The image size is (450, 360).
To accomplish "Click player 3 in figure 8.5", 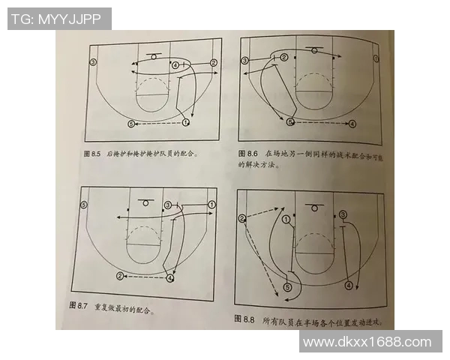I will pyautogui.click(x=93, y=61).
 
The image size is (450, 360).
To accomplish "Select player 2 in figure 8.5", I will pyautogui.click(x=213, y=63).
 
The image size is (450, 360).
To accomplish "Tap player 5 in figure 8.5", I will pyautogui.click(x=131, y=123).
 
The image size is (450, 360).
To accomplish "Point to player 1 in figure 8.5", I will pyautogui.click(x=184, y=121).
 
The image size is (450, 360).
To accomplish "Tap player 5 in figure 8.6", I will pyautogui.click(x=289, y=121).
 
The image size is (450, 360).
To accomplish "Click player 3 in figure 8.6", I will pyautogui.click(x=244, y=61).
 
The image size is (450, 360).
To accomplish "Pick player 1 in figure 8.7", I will pyautogui.click(x=211, y=204).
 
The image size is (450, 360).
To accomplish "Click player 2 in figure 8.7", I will pyautogui.click(x=120, y=276).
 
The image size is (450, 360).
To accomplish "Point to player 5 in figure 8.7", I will pyautogui.click(x=84, y=204).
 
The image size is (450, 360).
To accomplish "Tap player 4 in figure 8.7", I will pyautogui.click(x=171, y=277).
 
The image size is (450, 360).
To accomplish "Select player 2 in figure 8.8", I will pyautogui.click(x=242, y=219).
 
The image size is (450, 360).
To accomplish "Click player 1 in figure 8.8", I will pyautogui.click(x=286, y=220).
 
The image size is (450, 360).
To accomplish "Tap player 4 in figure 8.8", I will pyautogui.click(x=349, y=286).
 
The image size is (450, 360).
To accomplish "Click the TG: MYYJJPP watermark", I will pyautogui.click(x=59, y=19).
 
